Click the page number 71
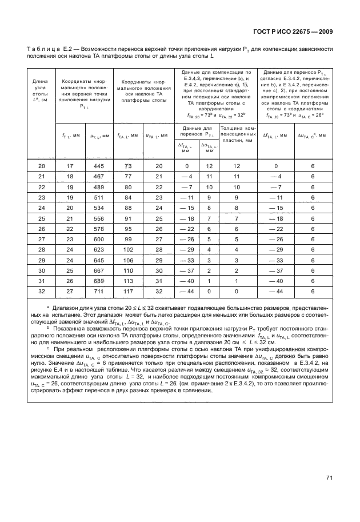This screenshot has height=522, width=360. tap(329, 478)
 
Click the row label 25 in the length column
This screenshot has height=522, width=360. tap(41, 217)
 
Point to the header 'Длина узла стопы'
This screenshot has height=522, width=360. tap(41, 90)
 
